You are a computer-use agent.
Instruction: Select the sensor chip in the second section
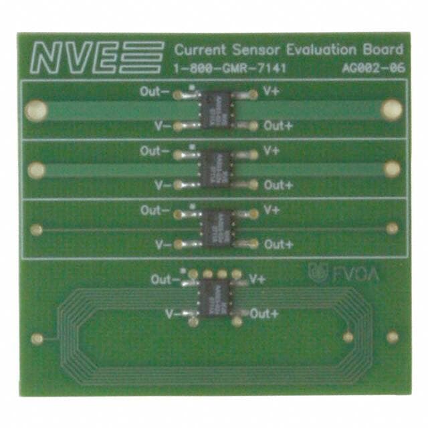217,168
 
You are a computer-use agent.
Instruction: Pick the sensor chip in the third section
217,227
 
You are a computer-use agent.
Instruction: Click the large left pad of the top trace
37,110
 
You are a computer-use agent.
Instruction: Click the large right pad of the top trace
391,110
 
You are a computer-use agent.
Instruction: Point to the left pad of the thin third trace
37,229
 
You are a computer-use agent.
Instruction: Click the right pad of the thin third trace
393,229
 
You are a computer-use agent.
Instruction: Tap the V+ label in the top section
272,93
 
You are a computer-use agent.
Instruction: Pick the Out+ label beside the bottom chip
265,314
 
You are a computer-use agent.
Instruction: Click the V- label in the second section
163,185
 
